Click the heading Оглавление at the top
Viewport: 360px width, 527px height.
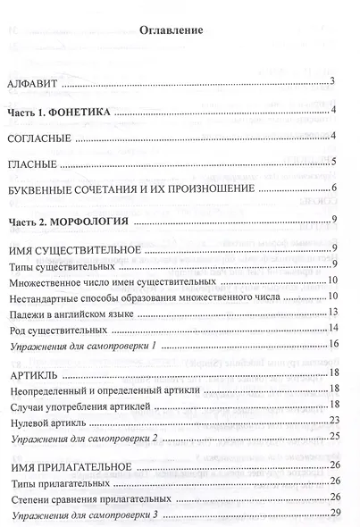click(x=171, y=30)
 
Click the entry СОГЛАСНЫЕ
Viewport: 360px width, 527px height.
click(x=38, y=138)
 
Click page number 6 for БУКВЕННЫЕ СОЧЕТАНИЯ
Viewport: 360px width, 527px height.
click(x=331, y=188)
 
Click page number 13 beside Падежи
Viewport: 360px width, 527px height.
click(x=331, y=312)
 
